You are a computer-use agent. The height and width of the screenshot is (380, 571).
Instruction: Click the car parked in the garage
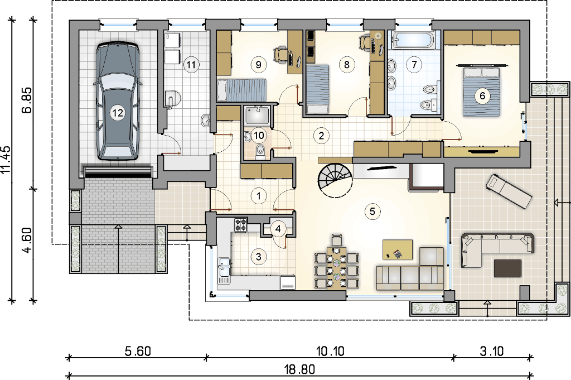(117, 102)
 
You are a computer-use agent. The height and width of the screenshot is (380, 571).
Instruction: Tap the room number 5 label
(372, 211)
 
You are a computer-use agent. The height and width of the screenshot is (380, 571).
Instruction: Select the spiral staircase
(335, 179)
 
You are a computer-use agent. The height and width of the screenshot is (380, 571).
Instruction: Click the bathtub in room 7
(413, 40)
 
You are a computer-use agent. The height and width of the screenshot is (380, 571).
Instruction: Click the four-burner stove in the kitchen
(240, 224)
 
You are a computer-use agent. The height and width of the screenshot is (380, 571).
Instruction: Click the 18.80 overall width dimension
(299, 369)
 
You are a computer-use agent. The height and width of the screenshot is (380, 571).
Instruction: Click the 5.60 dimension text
(138, 351)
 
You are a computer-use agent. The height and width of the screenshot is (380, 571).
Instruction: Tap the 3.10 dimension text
(492, 351)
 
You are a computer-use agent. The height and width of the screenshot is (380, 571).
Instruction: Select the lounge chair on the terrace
(509, 191)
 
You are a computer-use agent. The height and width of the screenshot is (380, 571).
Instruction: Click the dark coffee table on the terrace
(507, 268)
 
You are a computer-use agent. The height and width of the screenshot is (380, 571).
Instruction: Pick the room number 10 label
(259, 136)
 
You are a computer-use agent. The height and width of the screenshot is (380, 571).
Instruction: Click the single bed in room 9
(242, 90)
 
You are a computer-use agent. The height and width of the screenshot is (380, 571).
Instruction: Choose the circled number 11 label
(191, 65)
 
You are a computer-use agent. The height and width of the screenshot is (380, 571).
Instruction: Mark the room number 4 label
(278, 229)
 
